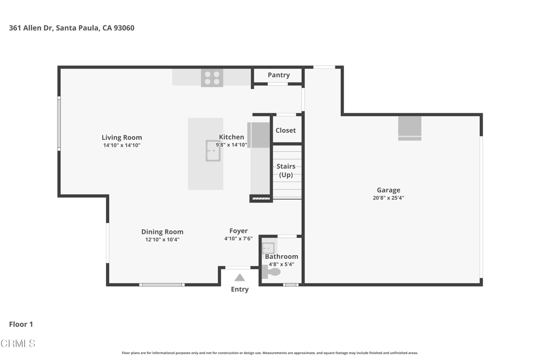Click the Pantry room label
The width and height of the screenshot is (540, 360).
pyautogui.click(x=278, y=75)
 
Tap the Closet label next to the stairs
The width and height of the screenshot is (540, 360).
pyautogui.click(x=285, y=130)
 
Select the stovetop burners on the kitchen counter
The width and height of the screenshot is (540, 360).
pyautogui.click(x=212, y=78)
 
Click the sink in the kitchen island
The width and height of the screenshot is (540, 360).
pyautogui.click(x=213, y=151)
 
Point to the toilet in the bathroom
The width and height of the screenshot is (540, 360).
pyautogui.click(x=272, y=272)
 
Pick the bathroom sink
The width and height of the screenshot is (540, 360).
pyautogui.click(x=268, y=248)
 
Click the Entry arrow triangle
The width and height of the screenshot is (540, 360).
pyautogui.click(x=240, y=277)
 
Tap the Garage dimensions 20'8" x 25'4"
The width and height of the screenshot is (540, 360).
pyautogui.click(x=389, y=198)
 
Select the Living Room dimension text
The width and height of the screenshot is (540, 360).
pyautogui.click(x=122, y=145)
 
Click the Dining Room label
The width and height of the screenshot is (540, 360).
pyautogui.click(x=162, y=232)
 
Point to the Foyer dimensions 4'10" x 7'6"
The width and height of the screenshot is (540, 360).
pyautogui.click(x=238, y=239)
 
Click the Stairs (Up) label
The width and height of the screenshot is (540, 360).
pyautogui.click(x=286, y=170)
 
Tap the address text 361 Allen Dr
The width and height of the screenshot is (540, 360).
pyautogui.click(x=30, y=28)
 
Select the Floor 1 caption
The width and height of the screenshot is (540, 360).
pyautogui.click(x=21, y=324)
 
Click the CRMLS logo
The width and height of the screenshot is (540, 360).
pyautogui.click(x=18, y=344)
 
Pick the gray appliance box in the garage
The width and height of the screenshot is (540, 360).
pyautogui.click(x=410, y=129)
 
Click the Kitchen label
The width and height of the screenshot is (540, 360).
pyautogui.click(x=232, y=137)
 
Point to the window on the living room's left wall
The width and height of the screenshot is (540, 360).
pyautogui.click(x=59, y=123)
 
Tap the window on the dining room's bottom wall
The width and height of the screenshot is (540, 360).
pyautogui.click(x=162, y=285)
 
